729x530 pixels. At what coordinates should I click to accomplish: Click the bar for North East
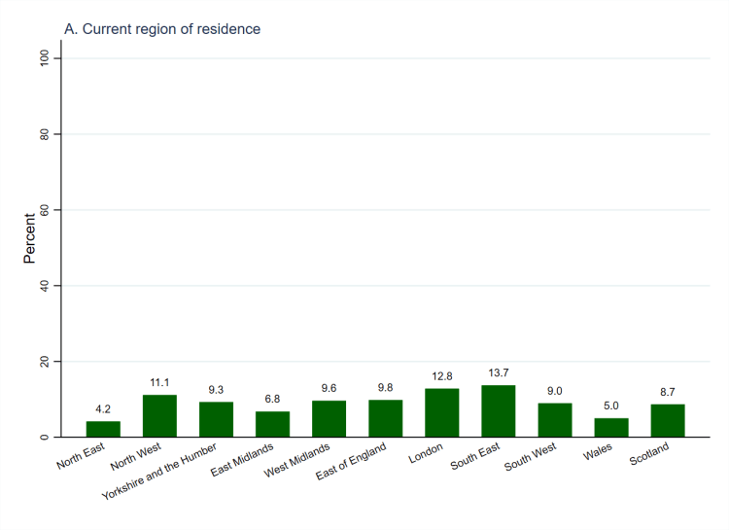click(x=103, y=429)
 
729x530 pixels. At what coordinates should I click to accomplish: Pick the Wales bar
click(x=611, y=428)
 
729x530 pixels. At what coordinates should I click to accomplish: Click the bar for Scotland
click(x=668, y=421)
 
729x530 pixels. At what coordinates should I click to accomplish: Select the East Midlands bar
click(x=272, y=425)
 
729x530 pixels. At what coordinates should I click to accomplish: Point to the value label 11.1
click(x=159, y=383)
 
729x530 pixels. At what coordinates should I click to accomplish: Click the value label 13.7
click(x=498, y=373)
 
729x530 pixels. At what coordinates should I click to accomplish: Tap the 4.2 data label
click(x=103, y=409)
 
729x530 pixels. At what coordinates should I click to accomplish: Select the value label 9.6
click(x=329, y=389)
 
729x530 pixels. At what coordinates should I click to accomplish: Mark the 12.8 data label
click(x=441, y=376)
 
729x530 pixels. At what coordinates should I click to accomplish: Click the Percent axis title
click(x=30, y=238)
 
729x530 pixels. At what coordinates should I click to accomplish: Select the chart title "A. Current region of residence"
click(x=162, y=29)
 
